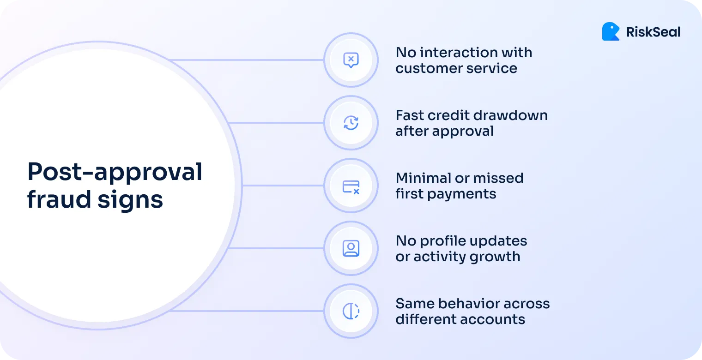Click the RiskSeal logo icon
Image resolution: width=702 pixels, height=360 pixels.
coord(611,31)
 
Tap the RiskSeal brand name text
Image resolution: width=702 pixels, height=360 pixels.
coord(653,32)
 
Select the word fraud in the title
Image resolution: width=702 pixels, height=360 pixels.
coord(52,199)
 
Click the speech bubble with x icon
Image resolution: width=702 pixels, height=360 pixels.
coord(351,60)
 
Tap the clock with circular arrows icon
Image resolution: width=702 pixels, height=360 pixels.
coord(351,123)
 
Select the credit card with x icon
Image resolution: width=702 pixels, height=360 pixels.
coord(351,186)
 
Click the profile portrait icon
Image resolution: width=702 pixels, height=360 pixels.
coord(351,248)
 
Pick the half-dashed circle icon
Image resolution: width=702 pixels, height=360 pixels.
coord(351,311)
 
